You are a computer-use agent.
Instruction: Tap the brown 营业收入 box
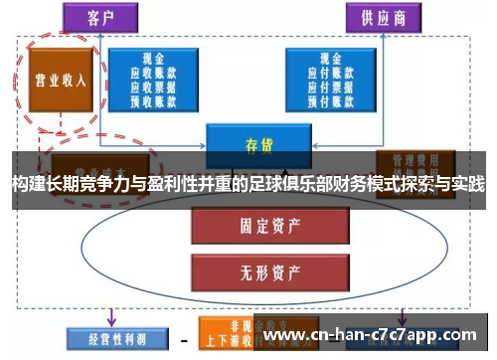[57, 80]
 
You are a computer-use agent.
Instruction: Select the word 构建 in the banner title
[29, 185]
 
